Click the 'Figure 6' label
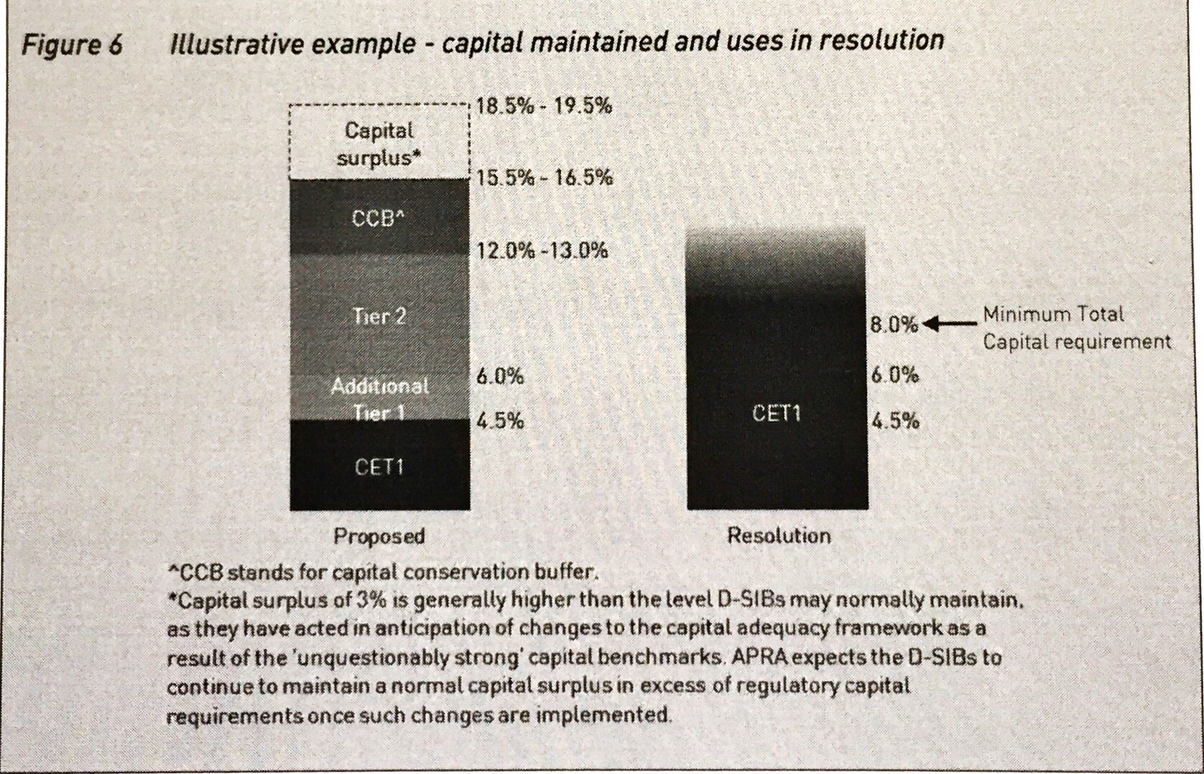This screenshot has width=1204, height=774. click(72, 45)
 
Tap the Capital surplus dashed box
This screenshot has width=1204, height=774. click(379, 142)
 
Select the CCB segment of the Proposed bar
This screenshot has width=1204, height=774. click(379, 217)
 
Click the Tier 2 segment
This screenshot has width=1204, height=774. click(379, 316)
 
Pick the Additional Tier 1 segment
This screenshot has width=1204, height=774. click(379, 398)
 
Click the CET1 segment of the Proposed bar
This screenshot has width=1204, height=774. click(379, 467)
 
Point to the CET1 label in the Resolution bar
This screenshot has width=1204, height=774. click(776, 414)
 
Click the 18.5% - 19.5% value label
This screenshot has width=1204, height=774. click(544, 106)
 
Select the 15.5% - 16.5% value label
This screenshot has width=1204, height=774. click(544, 177)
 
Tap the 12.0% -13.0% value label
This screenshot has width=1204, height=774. click(542, 251)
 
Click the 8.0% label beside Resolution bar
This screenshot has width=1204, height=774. click(894, 325)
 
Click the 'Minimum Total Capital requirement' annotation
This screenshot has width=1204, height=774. click(1075, 327)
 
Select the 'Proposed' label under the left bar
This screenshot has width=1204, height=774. click(379, 536)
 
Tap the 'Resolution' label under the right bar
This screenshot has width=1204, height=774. click(779, 536)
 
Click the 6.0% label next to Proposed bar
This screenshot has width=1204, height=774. click(500, 376)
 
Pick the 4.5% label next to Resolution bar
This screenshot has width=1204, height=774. click(895, 421)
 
